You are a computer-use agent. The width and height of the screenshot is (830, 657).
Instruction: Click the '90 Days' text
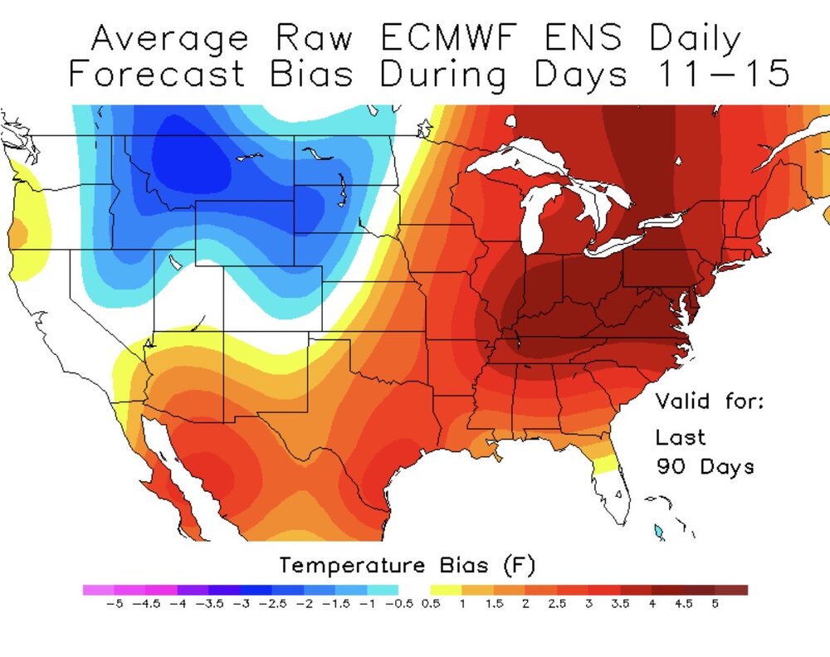[705, 466]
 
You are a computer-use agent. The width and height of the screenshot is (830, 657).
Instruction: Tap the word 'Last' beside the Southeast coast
[680, 437]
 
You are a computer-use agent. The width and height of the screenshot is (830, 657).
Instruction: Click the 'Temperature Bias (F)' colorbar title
[407, 566]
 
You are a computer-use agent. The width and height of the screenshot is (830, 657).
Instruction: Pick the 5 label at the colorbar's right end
[715, 604]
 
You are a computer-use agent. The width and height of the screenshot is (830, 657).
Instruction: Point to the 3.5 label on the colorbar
[620, 604]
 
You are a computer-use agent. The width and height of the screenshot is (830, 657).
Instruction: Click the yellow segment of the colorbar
[445, 590]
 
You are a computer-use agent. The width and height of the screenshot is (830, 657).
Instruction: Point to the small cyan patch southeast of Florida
[659, 531]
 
